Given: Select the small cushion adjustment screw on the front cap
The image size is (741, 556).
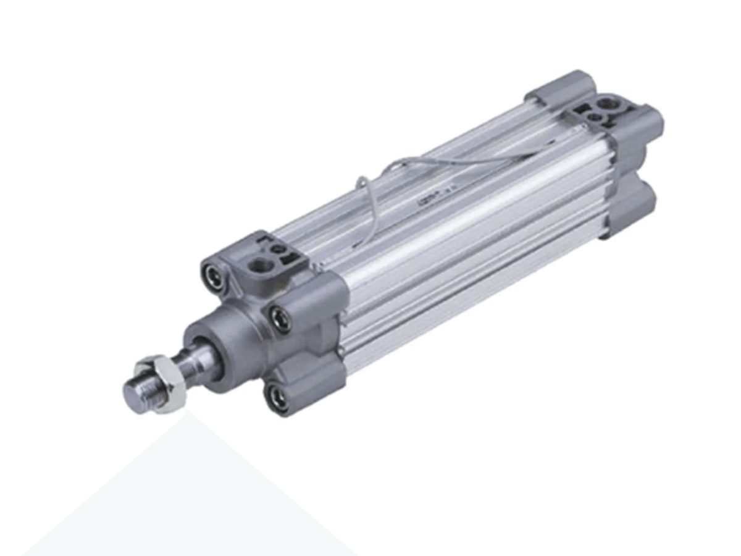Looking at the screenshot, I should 278,250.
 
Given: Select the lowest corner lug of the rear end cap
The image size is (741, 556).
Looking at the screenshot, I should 630,210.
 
